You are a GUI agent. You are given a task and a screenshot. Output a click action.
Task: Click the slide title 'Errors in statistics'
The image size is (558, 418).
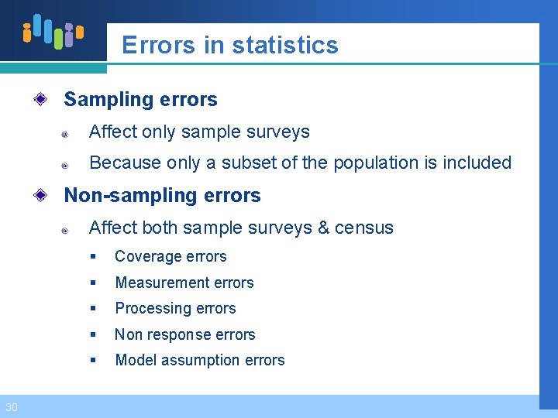[229, 45]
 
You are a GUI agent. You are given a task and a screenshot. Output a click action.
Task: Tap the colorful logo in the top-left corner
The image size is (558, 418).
[53, 32]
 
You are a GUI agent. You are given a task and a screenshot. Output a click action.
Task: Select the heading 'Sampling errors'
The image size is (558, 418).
[140, 100]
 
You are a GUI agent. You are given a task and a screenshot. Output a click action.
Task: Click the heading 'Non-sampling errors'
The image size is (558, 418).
[162, 196]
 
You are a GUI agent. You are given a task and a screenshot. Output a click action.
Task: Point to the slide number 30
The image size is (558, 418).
[11, 407]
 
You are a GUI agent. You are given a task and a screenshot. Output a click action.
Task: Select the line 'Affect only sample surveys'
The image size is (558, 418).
[199, 132]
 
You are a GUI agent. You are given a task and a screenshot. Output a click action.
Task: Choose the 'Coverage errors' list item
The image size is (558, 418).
[170, 257]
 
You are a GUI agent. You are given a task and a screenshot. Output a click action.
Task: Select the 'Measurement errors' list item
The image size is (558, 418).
[184, 283]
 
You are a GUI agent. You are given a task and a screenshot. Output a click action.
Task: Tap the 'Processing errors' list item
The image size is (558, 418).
[175, 309]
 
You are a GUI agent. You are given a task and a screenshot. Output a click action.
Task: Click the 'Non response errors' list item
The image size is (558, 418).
[185, 335]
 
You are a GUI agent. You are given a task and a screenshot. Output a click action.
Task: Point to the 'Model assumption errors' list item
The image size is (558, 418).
[200, 361]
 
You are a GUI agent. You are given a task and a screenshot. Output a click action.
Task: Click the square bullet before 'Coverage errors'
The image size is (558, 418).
[92, 257]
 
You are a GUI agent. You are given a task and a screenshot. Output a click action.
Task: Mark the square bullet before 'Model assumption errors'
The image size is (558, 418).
[92, 361]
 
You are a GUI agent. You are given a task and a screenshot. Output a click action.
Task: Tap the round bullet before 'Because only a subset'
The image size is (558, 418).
[67, 165]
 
